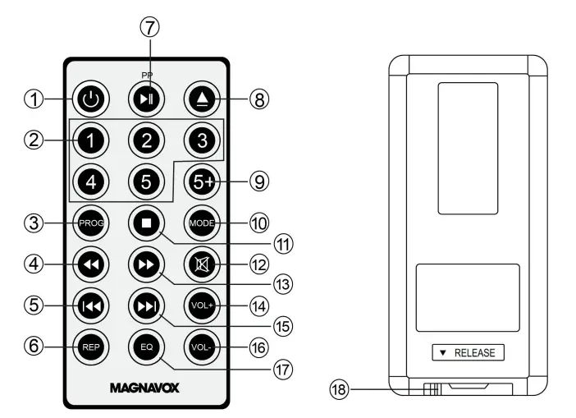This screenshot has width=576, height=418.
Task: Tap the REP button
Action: click(x=92, y=346)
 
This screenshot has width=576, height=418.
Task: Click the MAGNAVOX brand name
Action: click(x=144, y=387)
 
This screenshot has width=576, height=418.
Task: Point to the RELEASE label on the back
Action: click(x=469, y=353)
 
